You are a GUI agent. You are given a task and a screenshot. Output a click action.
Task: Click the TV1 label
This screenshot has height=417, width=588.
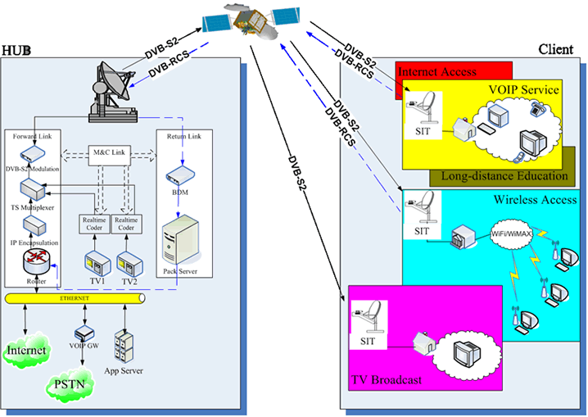pos(97,280)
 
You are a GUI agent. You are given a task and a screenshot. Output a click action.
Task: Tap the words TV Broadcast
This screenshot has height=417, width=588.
pos(387,380)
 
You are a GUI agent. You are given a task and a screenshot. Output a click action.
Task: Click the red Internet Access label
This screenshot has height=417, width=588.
pos(437,72)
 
